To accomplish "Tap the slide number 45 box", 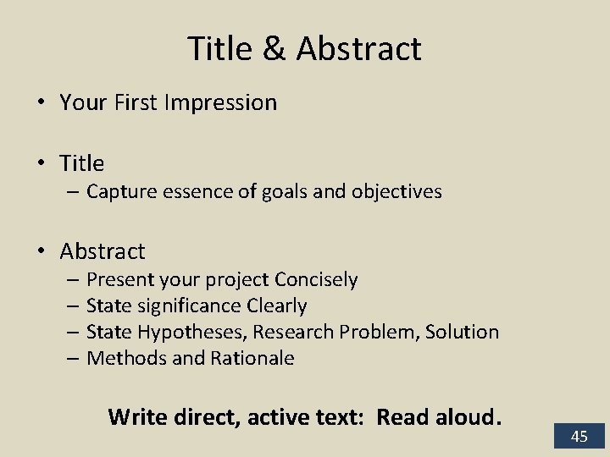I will pyautogui.click(x=579, y=437).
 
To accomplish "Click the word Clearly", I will pyautogui.click(x=277, y=306).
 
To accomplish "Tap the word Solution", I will pyautogui.click(x=462, y=332).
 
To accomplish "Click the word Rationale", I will pyautogui.click(x=252, y=358).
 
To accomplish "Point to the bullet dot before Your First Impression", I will pyautogui.click(x=40, y=103).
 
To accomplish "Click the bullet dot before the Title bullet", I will pyautogui.click(x=40, y=162).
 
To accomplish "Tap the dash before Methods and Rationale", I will pyautogui.click(x=74, y=358).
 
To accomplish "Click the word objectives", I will pyautogui.click(x=398, y=192).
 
